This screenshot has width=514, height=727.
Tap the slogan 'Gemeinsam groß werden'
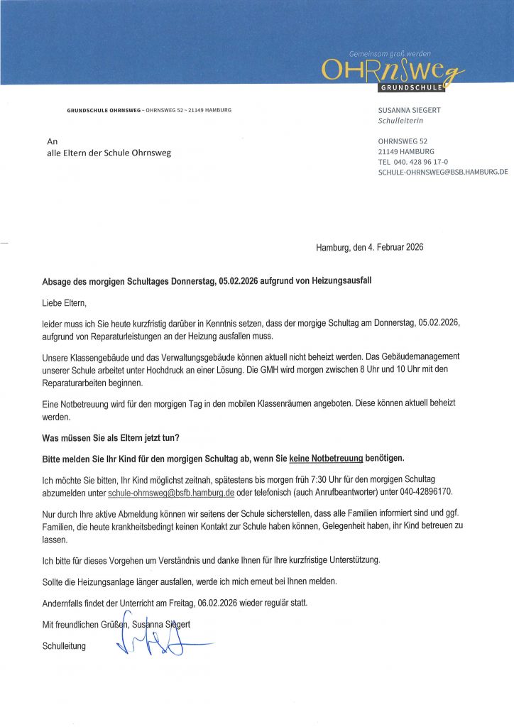390,54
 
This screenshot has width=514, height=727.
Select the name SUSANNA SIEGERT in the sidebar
409,111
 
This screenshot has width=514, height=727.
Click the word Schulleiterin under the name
400,121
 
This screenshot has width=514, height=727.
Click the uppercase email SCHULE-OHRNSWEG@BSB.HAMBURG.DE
443,172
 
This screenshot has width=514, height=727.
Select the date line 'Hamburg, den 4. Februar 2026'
369,247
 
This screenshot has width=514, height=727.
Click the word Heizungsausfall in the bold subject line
337,281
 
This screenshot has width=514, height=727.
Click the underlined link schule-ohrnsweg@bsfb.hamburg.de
171,492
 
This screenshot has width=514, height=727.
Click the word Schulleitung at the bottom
64,647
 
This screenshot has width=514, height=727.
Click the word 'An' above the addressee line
52,141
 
